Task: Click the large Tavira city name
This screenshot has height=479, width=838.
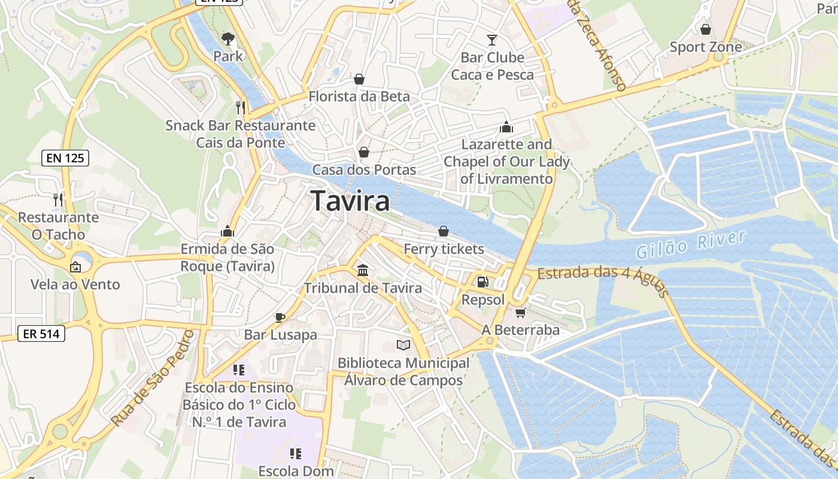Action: (x=351, y=201)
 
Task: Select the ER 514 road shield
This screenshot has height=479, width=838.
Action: (x=41, y=334)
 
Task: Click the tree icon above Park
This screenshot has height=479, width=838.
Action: (x=228, y=40)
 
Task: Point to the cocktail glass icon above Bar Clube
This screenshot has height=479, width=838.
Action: (x=492, y=40)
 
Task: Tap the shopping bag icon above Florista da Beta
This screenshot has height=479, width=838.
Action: (x=359, y=79)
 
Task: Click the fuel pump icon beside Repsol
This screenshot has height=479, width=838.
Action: (x=482, y=281)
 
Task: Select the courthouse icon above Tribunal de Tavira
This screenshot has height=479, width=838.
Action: (x=363, y=270)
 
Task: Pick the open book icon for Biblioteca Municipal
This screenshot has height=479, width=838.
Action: (x=403, y=345)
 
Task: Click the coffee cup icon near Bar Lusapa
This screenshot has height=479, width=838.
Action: (x=280, y=317)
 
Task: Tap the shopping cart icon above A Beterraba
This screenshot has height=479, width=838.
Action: (x=520, y=313)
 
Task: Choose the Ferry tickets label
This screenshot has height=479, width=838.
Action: (x=444, y=248)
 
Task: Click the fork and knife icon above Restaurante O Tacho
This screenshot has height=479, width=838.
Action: (x=58, y=199)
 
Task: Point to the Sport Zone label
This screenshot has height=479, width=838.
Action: (x=705, y=47)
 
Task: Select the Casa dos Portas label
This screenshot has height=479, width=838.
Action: (x=364, y=169)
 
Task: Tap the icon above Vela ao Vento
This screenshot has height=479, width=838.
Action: (x=76, y=267)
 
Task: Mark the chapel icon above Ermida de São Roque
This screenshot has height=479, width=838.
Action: (x=227, y=231)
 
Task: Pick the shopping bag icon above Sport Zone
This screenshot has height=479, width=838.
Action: (x=706, y=29)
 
